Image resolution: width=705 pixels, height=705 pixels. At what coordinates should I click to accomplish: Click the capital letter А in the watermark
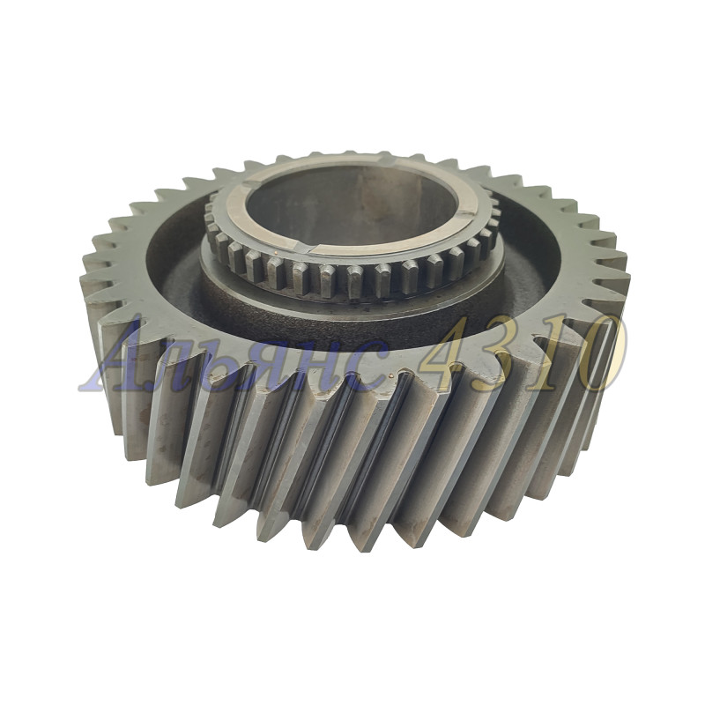(118, 358)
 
